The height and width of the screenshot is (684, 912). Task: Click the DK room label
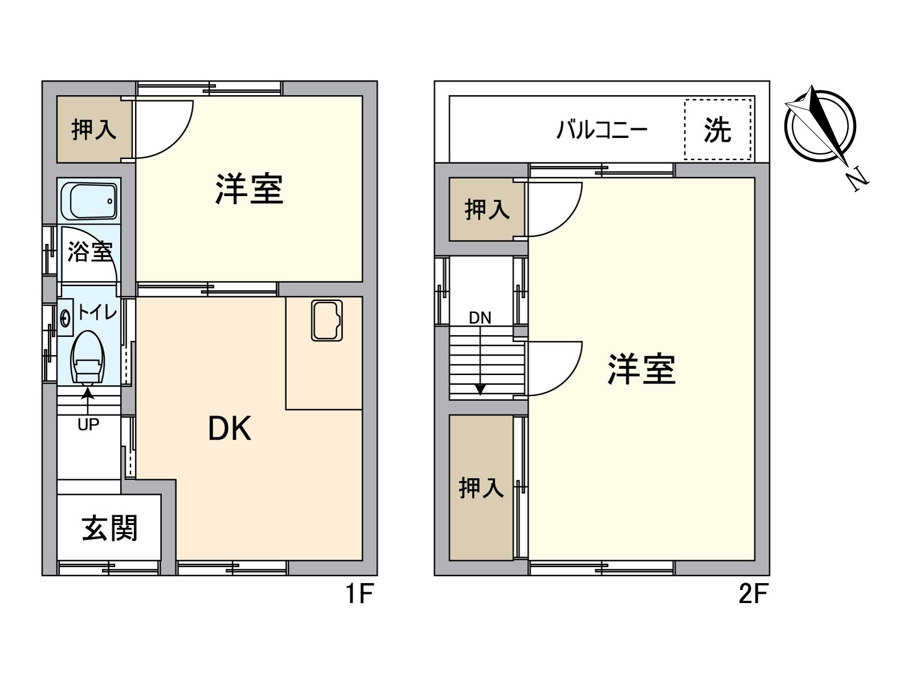[230, 429]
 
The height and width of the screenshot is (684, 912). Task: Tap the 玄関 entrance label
[109, 528]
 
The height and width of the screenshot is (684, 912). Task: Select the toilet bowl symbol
[87, 357]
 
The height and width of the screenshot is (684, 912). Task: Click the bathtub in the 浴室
[89, 201]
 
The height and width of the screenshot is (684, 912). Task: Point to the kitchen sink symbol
[327, 320]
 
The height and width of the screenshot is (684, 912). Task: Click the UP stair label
[88, 425]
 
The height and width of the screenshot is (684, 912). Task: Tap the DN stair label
[480, 318]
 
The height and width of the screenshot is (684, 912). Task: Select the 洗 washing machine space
[718, 130]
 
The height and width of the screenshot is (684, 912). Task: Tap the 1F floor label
[359, 594]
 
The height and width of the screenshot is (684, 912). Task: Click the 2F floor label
[753, 594]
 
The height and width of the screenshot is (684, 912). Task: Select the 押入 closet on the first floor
[94, 130]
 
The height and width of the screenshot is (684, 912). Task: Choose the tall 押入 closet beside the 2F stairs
[481, 488]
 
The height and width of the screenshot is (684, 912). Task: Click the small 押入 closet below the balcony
[487, 209]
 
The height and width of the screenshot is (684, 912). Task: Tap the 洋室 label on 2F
[641, 369]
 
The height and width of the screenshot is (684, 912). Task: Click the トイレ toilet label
[97, 312]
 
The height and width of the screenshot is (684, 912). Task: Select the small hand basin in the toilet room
[66, 317]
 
